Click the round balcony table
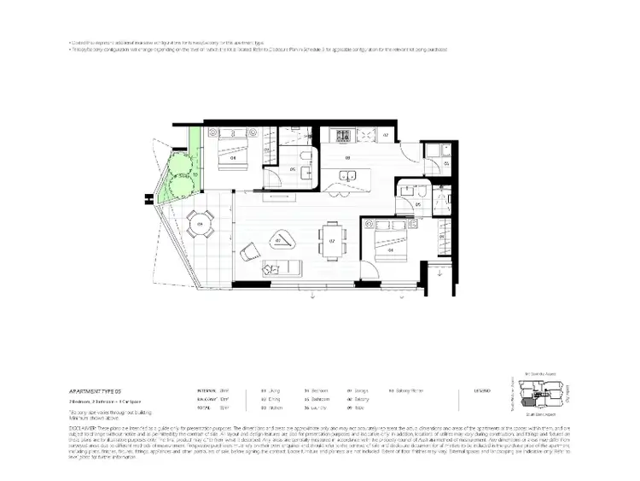tap(201, 225)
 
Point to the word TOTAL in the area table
tap(205, 407)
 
